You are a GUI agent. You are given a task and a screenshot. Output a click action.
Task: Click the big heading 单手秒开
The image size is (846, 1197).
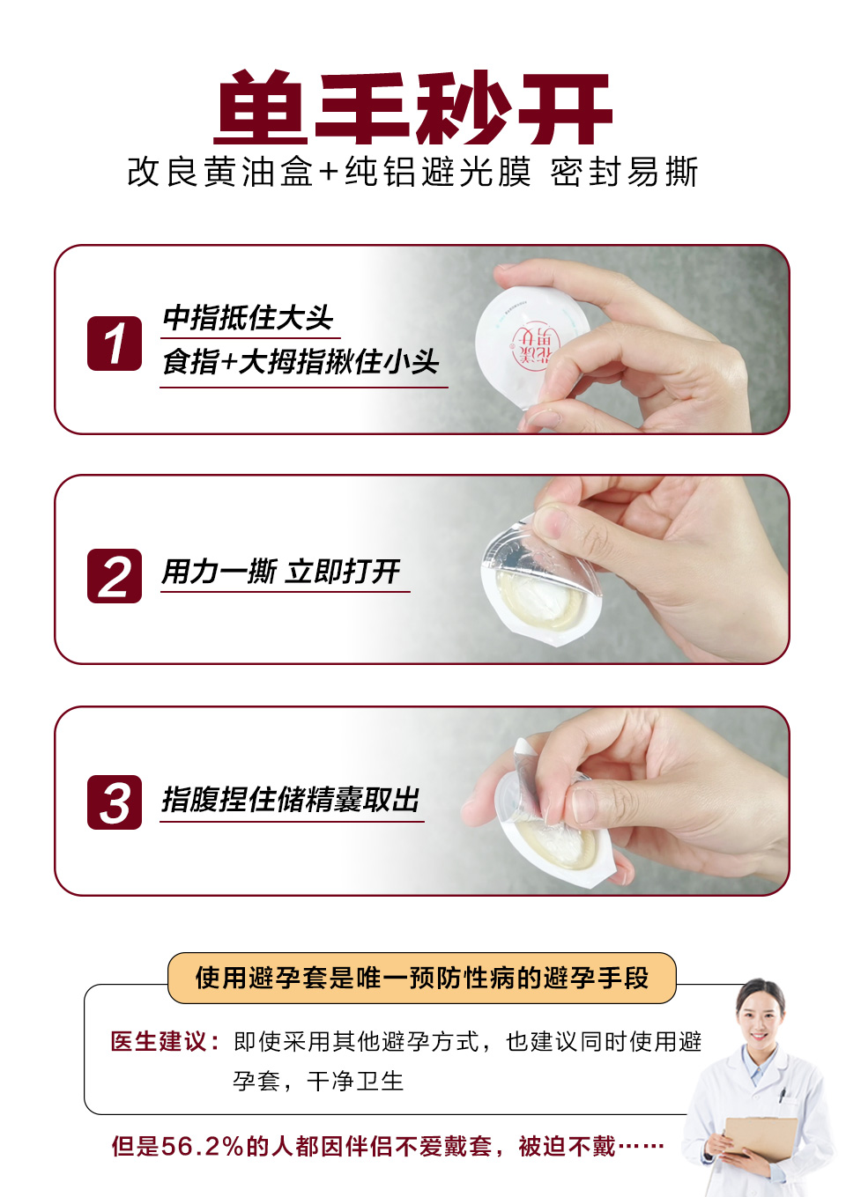tap(412, 107)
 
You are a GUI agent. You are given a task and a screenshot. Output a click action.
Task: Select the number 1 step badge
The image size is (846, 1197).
tap(115, 343)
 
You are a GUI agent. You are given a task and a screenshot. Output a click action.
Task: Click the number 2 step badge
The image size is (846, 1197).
tap(115, 575)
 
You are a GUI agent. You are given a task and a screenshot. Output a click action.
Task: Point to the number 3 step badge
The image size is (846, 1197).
tap(115, 802)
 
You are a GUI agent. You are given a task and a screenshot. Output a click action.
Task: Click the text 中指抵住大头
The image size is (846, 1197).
tap(249, 318)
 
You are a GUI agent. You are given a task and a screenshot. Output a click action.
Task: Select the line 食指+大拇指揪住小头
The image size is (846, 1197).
tap(301, 362)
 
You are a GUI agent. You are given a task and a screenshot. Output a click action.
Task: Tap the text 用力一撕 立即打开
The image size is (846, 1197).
tap(281, 572)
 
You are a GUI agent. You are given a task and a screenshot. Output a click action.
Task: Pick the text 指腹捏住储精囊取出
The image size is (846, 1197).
tap(291, 800)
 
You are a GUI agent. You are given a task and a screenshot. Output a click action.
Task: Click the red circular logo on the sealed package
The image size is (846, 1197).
tap(535, 346)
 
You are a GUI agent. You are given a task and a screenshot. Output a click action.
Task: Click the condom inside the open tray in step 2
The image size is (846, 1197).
tap(541, 600)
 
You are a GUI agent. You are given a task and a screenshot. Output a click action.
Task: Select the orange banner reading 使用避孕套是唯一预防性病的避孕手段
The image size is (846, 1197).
tap(422, 978)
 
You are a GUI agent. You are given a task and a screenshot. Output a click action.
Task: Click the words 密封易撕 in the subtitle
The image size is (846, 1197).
tap(624, 172)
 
